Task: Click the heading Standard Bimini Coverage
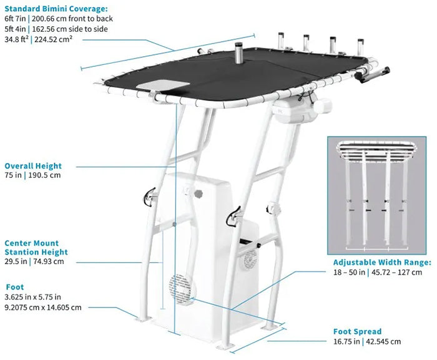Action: point(56,9)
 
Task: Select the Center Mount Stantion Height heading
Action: point(36,248)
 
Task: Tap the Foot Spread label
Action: point(358,331)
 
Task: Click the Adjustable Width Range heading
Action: point(381,263)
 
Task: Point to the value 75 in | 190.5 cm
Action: point(32,175)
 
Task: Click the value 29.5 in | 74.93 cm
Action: point(34,261)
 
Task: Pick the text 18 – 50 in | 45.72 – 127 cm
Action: point(377,272)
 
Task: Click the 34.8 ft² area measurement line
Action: point(44,39)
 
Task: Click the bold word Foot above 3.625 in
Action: point(14,288)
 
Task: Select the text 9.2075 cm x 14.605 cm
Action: point(42,308)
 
